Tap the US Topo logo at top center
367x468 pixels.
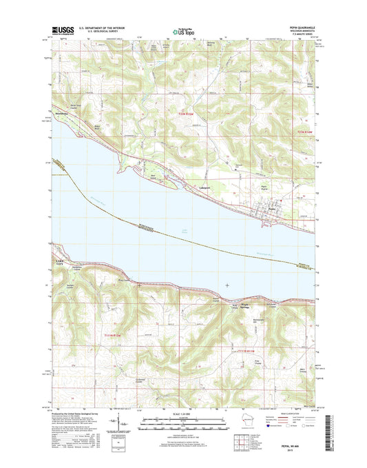(182, 30)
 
